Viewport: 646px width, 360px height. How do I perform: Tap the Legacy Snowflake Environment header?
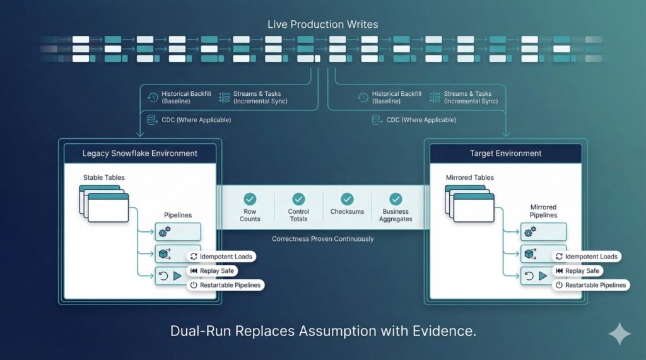pos(140,153)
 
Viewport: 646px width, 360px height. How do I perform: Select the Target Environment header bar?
pos(505,153)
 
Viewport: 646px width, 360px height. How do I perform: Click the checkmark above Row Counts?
pos(250,199)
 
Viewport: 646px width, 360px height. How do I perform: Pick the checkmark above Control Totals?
pos(298,199)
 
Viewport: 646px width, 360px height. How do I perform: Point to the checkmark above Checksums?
pos(347,199)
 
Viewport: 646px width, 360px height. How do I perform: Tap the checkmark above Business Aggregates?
pos(396,199)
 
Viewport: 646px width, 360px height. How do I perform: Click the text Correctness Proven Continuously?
pos(322,239)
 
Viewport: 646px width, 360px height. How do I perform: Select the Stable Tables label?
pos(104,178)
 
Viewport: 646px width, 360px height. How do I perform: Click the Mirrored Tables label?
pos(470,178)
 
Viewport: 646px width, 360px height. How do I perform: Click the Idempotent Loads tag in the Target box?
pos(586,257)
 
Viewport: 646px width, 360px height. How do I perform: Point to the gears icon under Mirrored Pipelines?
pos(530,233)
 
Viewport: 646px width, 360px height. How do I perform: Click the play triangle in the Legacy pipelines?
pos(177,276)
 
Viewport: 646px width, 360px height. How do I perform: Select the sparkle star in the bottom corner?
pos(619,334)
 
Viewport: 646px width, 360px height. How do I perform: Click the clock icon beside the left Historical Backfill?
pos(152,97)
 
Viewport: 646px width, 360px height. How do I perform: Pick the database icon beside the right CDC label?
pos(377,119)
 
